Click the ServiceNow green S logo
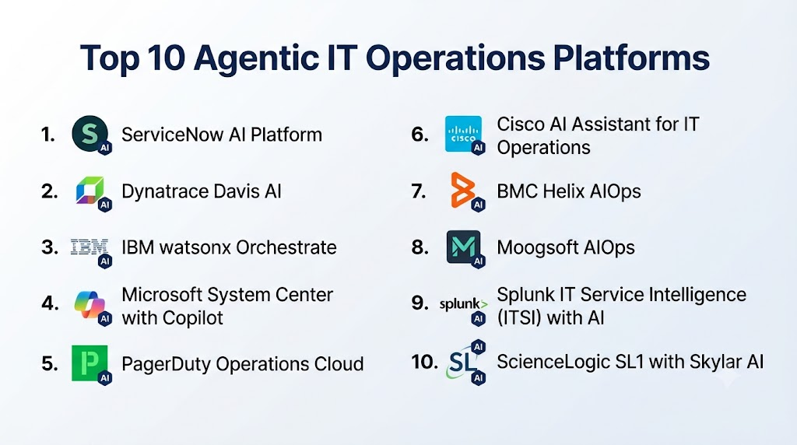click(x=90, y=134)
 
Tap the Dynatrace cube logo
click(x=90, y=191)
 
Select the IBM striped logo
click(x=90, y=247)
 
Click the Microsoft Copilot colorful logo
click(x=90, y=303)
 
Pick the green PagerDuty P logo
click(x=90, y=363)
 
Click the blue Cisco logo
click(x=463, y=134)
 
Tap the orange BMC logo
click(x=462, y=190)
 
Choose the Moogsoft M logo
click(x=463, y=247)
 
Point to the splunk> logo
click(x=463, y=303)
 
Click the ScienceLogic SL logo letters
click(x=462, y=363)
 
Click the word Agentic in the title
click(x=255, y=58)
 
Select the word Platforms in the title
click(x=630, y=57)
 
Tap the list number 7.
click(x=419, y=191)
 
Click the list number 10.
click(x=424, y=363)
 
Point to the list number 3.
click(x=50, y=247)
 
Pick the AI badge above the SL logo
click(x=478, y=347)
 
